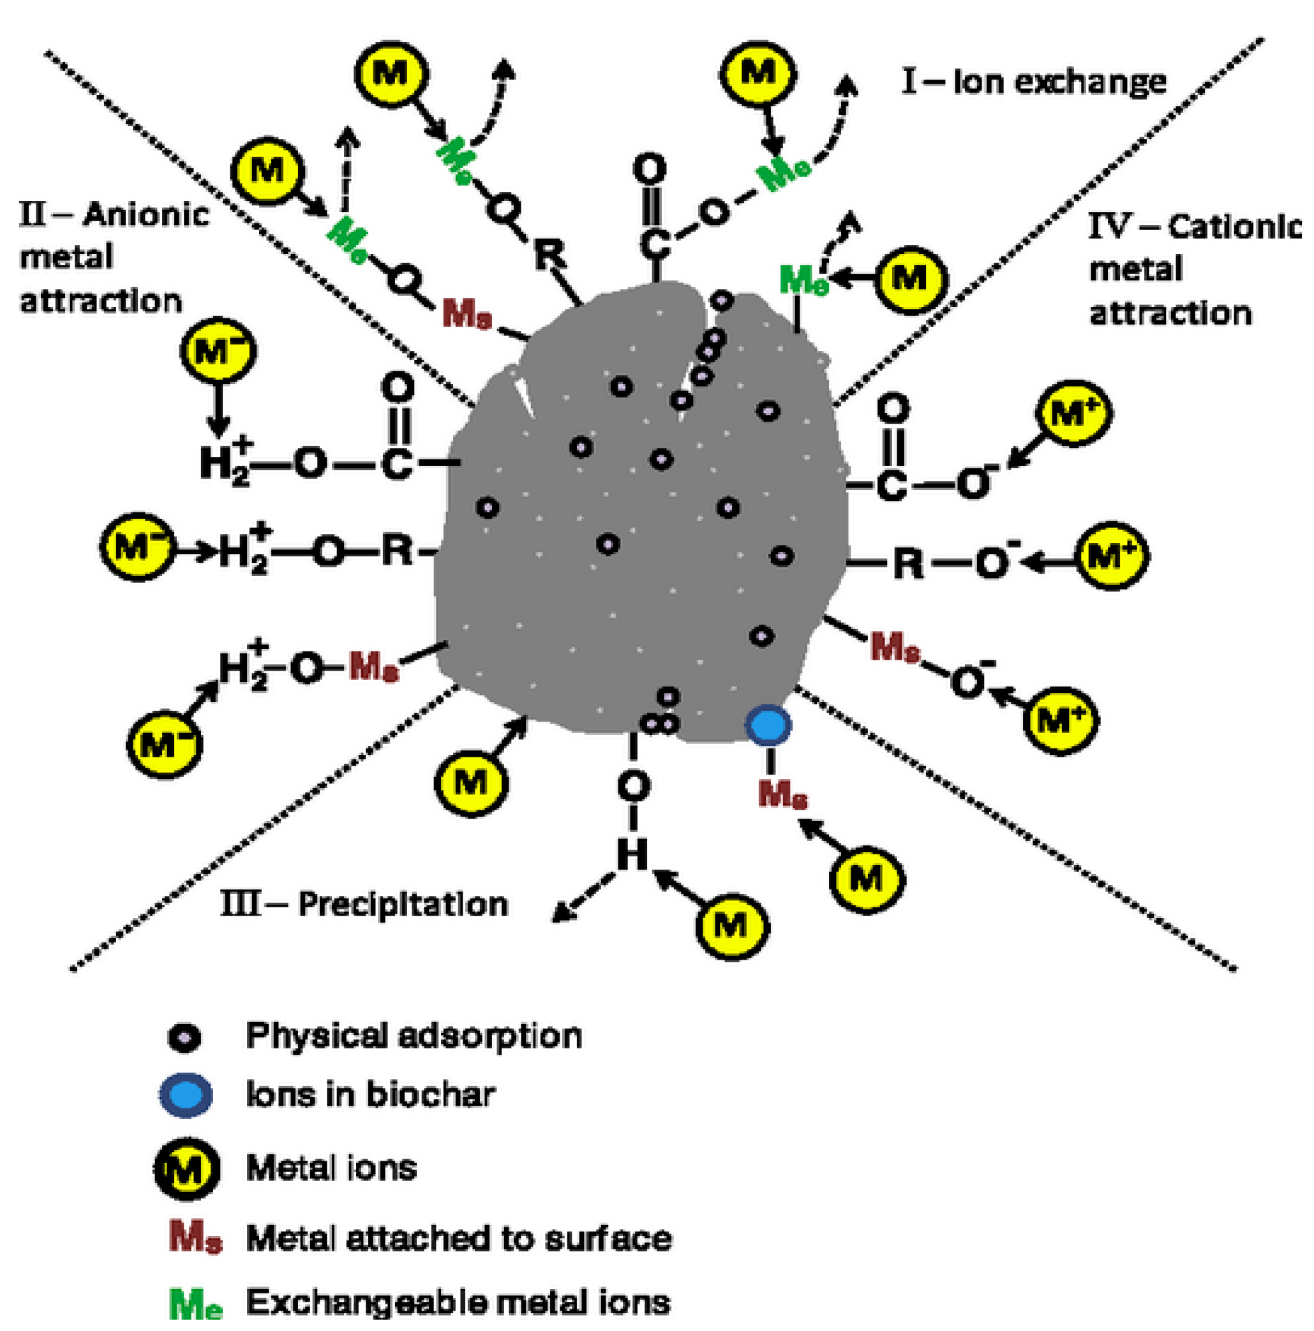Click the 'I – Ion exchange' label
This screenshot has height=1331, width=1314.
click(1034, 83)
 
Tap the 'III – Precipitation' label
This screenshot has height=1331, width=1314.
click(364, 904)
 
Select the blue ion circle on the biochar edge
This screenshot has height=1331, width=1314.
click(768, 725)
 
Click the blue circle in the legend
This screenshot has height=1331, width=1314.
click(186, 1094)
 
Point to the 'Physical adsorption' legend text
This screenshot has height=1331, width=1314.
click(414, 1036)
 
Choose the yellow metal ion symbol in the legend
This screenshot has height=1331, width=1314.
click(187, 1168)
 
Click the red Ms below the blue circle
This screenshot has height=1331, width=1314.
click(782, 794)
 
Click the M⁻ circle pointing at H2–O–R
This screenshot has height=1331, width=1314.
click(137, 547)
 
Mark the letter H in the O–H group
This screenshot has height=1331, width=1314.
click(632, 855)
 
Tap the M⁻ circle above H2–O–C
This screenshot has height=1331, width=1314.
click(218, 352)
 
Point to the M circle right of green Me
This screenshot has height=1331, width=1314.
click(910, 279)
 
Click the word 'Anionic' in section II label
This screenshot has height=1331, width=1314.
click(146, 214)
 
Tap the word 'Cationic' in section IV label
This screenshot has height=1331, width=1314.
click(1234, 227)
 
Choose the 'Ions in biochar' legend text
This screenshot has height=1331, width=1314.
click(371, 1094)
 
